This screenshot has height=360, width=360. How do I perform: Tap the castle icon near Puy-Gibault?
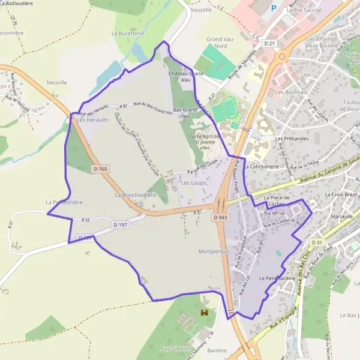pos(205,313)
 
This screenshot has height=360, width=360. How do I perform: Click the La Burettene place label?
pos(128,34)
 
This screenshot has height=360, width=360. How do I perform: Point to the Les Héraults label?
pos(92,120)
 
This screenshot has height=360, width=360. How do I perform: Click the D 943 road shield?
pos(220,218)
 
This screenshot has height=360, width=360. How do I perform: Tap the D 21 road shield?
pos(271,44)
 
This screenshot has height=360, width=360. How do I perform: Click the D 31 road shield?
pos(317,242)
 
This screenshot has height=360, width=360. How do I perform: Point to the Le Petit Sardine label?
pos(275,279)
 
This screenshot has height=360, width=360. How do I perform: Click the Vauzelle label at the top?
pos(201,10)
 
